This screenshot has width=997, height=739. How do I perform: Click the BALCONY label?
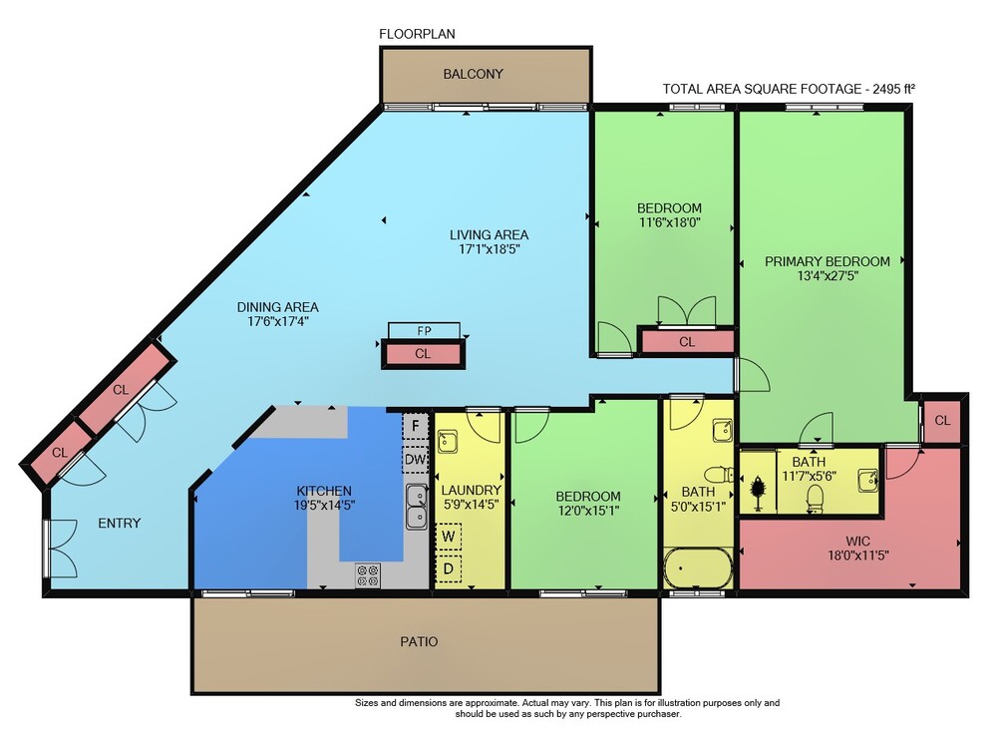[473, 74]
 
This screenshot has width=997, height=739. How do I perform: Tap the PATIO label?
[419, 641]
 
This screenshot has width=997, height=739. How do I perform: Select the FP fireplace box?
[424, 331]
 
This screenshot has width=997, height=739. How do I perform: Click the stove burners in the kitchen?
[368, 574]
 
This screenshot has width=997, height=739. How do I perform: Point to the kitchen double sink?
[417, 507]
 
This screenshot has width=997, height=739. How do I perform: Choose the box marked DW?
[415, 459]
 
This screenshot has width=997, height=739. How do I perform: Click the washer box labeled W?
[449, 537]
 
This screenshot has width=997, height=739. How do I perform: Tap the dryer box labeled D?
[449, 567]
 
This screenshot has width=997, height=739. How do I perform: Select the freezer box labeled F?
[415, 425]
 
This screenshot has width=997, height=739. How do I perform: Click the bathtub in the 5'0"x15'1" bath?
[698, 567]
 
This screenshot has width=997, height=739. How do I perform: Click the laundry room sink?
[448, 441]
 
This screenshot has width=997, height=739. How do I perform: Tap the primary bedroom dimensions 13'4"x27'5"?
[828, 276]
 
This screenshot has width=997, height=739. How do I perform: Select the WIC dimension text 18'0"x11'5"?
[857, 555]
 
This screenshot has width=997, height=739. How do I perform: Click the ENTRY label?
[119, 524]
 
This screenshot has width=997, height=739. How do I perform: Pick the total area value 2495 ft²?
[893, 89]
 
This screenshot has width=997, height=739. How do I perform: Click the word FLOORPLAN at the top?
[417, 34]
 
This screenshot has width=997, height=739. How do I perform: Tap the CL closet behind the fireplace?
[423, 354]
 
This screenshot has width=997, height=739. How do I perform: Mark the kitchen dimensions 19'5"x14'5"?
[324, 506]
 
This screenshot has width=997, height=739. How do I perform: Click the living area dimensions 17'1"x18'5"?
[489, 249]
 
